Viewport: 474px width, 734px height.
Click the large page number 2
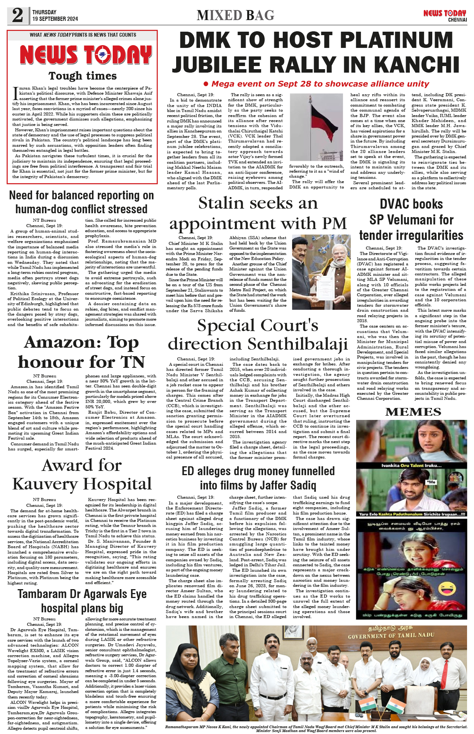17,15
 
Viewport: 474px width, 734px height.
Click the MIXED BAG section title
235,15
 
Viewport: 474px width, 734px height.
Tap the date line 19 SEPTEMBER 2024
55,19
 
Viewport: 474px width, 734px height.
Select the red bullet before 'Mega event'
206,84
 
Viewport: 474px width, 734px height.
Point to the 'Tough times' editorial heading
82,76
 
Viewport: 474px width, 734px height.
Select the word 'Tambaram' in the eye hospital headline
42,594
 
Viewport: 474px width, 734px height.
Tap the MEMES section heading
413,412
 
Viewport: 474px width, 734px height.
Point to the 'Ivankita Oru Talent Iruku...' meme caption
411,466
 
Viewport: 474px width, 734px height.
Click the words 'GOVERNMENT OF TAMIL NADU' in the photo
391,635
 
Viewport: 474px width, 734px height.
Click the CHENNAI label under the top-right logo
457,20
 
